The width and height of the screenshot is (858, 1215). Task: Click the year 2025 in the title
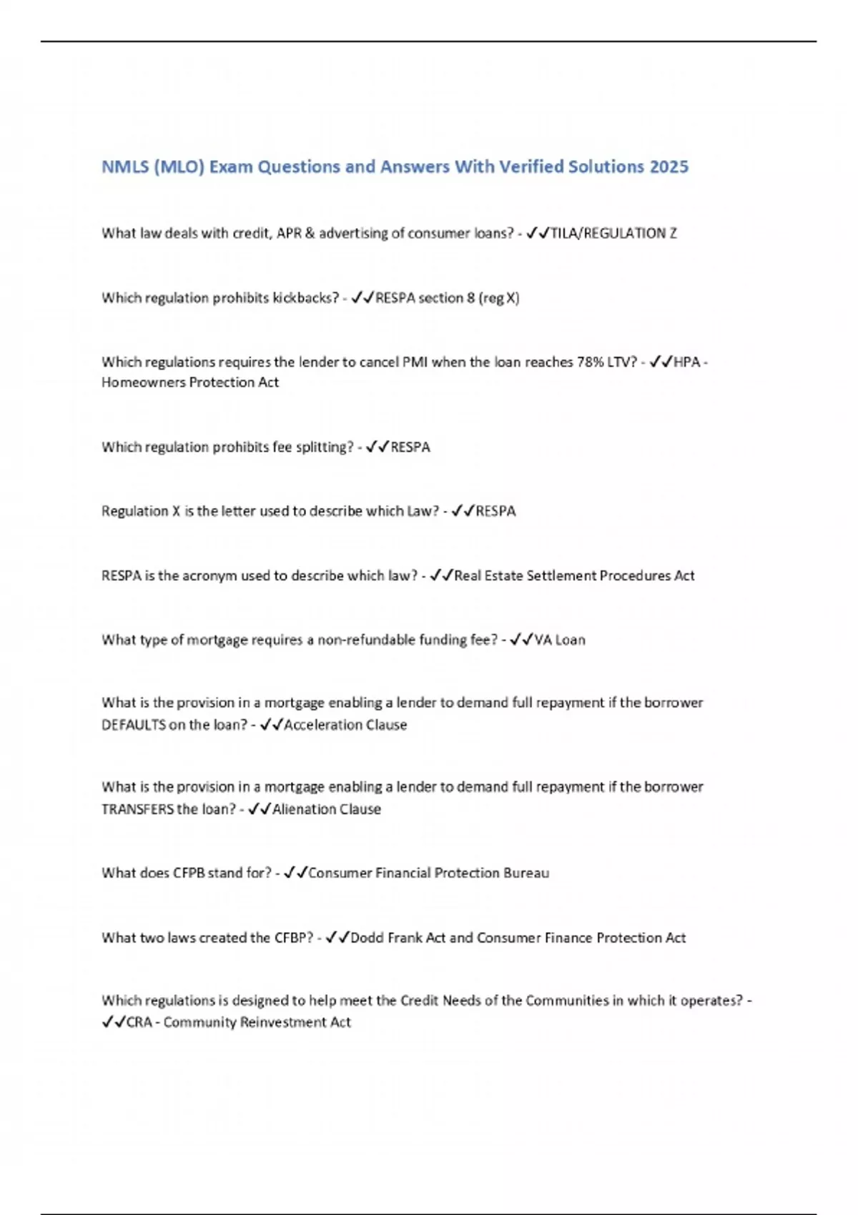point(669,167)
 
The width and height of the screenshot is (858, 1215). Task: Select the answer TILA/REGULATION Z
point(613,233)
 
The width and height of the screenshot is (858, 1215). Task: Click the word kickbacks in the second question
point(302,298)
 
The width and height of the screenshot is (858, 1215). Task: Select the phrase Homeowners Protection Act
point(190,382)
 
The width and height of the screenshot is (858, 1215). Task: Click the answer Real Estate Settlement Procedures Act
point(574,576)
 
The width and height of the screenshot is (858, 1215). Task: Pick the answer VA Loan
point(560,640)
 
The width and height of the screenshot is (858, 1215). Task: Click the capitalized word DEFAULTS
point(134,725)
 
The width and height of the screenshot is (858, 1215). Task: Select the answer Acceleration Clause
point(345,725)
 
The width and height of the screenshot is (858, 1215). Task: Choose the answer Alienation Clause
point(327,809)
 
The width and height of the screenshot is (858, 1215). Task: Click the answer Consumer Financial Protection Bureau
point(428,873)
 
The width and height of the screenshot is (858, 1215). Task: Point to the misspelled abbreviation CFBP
point(293,938)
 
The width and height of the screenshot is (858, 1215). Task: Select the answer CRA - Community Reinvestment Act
point(239,1023)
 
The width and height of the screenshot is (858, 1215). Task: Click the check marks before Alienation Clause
point(259,809)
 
